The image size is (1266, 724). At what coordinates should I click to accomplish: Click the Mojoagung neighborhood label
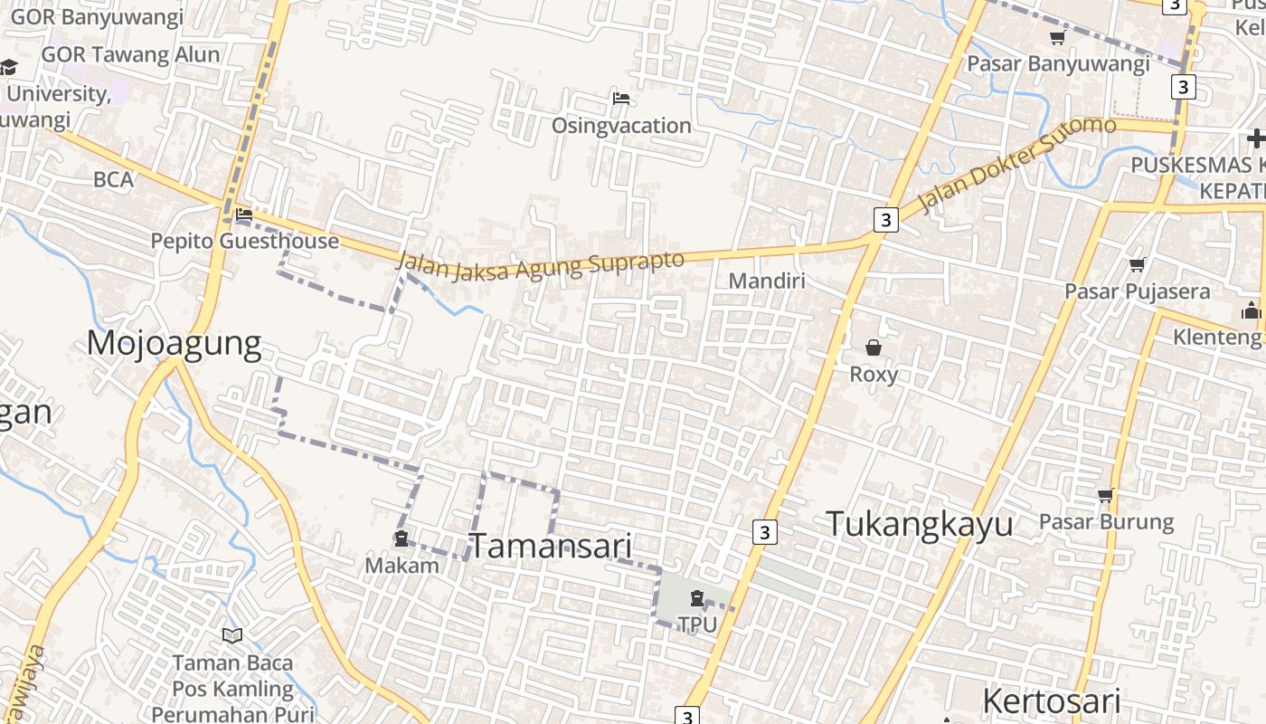click(175, 344)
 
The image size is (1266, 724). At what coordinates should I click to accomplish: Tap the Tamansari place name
click(550, 546)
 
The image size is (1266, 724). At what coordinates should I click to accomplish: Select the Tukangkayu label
click(919, 524)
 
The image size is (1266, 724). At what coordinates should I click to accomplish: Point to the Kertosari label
click(1051, 701)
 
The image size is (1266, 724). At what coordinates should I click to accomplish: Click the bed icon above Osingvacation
click(621, 98)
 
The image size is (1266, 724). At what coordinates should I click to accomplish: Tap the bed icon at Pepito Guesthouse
click(243, 214)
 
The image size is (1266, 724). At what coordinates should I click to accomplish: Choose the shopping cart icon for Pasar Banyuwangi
click(1057, 37)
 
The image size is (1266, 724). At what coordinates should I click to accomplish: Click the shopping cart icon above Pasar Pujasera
click(1137, 264)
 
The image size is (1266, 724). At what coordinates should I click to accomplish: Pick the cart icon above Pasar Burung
click(1105, 495)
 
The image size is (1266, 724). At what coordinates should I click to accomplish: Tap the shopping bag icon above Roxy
click(874, 347)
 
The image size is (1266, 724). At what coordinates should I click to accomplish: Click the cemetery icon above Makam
click(401, 539)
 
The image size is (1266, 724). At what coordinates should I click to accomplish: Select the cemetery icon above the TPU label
click(696, 597)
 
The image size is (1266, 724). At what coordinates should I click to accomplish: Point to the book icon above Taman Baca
click(232, 635)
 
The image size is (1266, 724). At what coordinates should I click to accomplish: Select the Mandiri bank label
click(766, 281)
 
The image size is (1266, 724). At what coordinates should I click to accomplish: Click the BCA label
click(113, 179)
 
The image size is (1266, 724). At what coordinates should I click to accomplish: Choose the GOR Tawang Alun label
click(130, 54)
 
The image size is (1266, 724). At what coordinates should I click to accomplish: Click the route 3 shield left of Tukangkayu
click(764, 532)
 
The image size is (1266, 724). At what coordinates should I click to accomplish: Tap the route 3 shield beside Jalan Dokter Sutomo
click(885, 219)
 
